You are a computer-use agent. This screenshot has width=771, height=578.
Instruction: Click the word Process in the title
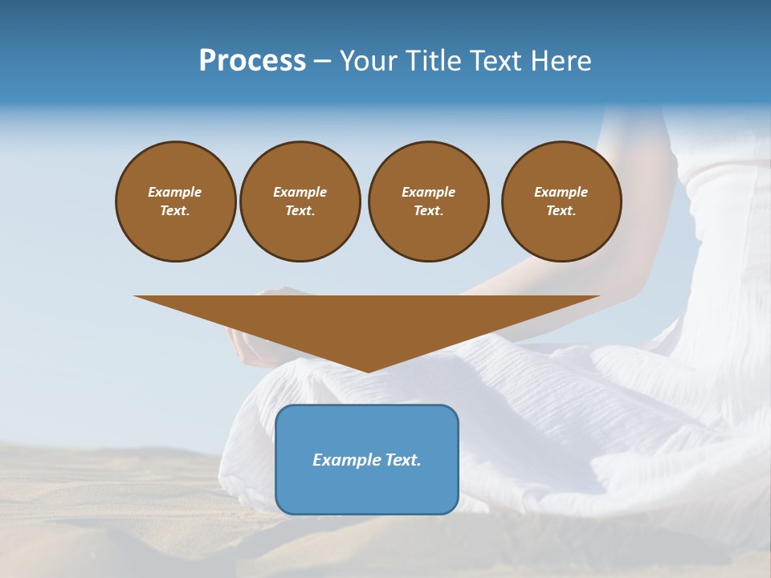252,61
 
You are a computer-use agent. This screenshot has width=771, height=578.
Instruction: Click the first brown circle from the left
175,201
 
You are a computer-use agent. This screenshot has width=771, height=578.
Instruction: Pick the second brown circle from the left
300,201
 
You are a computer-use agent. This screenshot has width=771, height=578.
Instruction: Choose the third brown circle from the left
428,201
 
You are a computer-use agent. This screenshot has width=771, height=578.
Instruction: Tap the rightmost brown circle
561,201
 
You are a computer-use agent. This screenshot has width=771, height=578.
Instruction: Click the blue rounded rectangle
367,459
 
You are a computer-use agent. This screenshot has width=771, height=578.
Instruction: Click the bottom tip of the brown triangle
367,371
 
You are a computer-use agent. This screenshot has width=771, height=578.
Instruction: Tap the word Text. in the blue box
402,460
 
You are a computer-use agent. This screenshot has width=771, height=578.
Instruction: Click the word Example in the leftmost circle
175,192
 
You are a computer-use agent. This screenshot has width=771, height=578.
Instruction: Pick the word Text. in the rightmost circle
561,211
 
